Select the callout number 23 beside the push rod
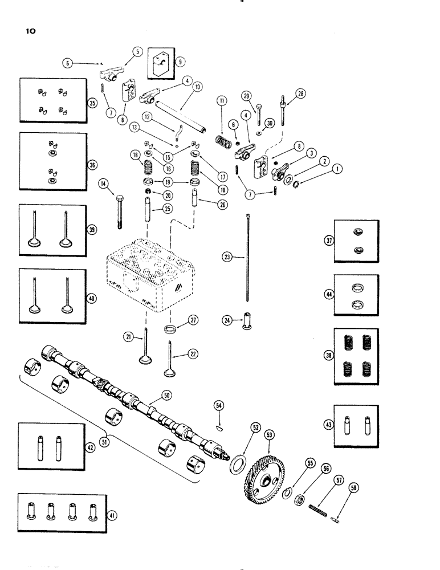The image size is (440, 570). (227, 258)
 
